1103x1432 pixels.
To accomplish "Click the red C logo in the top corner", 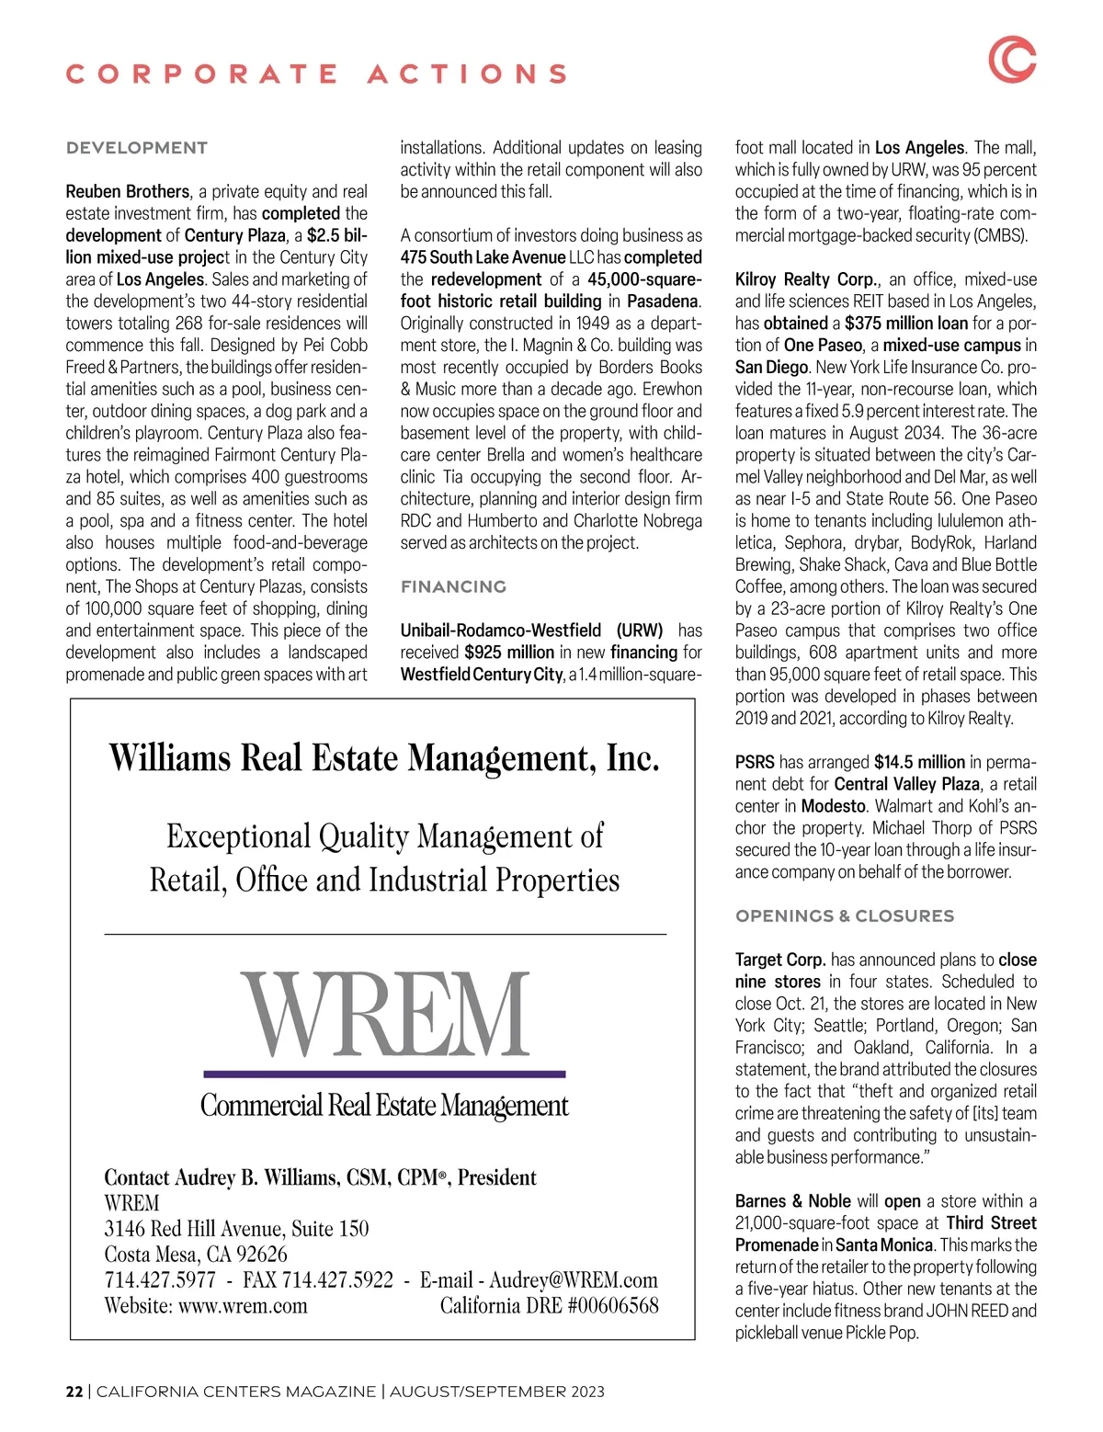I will point(1012,60).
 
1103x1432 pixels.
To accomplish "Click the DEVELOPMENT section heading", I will point(137,148).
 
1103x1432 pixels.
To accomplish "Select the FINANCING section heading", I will point(453,586).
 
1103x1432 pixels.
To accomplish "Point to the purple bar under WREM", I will point(384,1074).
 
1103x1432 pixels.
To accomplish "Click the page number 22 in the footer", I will point(74,1392).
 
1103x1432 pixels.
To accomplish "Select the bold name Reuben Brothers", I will point(128,191).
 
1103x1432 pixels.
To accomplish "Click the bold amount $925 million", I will point(509,653).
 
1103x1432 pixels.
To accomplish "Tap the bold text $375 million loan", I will point(906,324).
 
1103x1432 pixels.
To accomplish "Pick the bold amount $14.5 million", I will point(919,762).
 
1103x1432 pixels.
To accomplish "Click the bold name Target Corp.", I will point(780,960).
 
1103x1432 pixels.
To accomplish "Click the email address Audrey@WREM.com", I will point(574,1280).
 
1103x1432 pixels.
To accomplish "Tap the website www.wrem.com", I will point(243,1306).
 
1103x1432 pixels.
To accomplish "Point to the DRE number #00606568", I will point(613,1306).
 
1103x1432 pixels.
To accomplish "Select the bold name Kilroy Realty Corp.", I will point(807,279).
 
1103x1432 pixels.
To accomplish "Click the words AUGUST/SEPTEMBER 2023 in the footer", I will point(497,1392).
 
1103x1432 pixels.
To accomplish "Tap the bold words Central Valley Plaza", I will point(907,784).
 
